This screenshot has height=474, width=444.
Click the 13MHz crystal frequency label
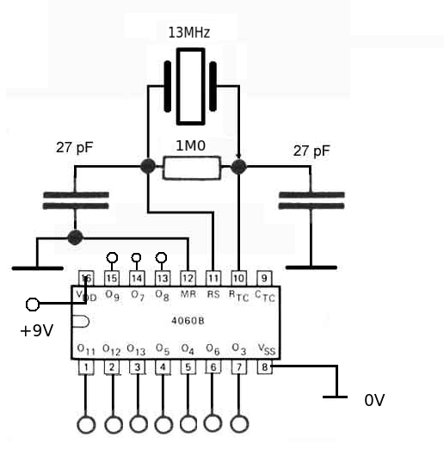pos(188,33)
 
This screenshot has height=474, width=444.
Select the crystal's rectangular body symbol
pos(191,87)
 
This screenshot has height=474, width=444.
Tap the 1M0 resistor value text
pos(191,146)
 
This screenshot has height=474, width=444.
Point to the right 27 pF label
pos(311,151)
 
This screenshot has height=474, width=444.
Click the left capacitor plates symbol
pos(75,201)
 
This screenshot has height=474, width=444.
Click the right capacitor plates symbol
pos(311,200)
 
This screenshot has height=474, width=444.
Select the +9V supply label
pos(36,329)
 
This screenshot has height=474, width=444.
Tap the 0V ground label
pos(375,400)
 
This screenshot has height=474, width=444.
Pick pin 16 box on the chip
pos(86,278)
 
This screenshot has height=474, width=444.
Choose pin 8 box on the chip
pos(265,367)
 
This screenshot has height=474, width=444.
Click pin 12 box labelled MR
pos(188,278)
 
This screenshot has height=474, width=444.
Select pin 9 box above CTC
pos(265,278)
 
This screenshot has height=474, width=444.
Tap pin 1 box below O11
pos(86,367)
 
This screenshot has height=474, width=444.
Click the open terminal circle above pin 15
pos(111,257)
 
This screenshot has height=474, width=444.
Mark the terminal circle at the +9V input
pos(34,304)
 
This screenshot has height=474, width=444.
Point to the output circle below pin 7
pos(240,423)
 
